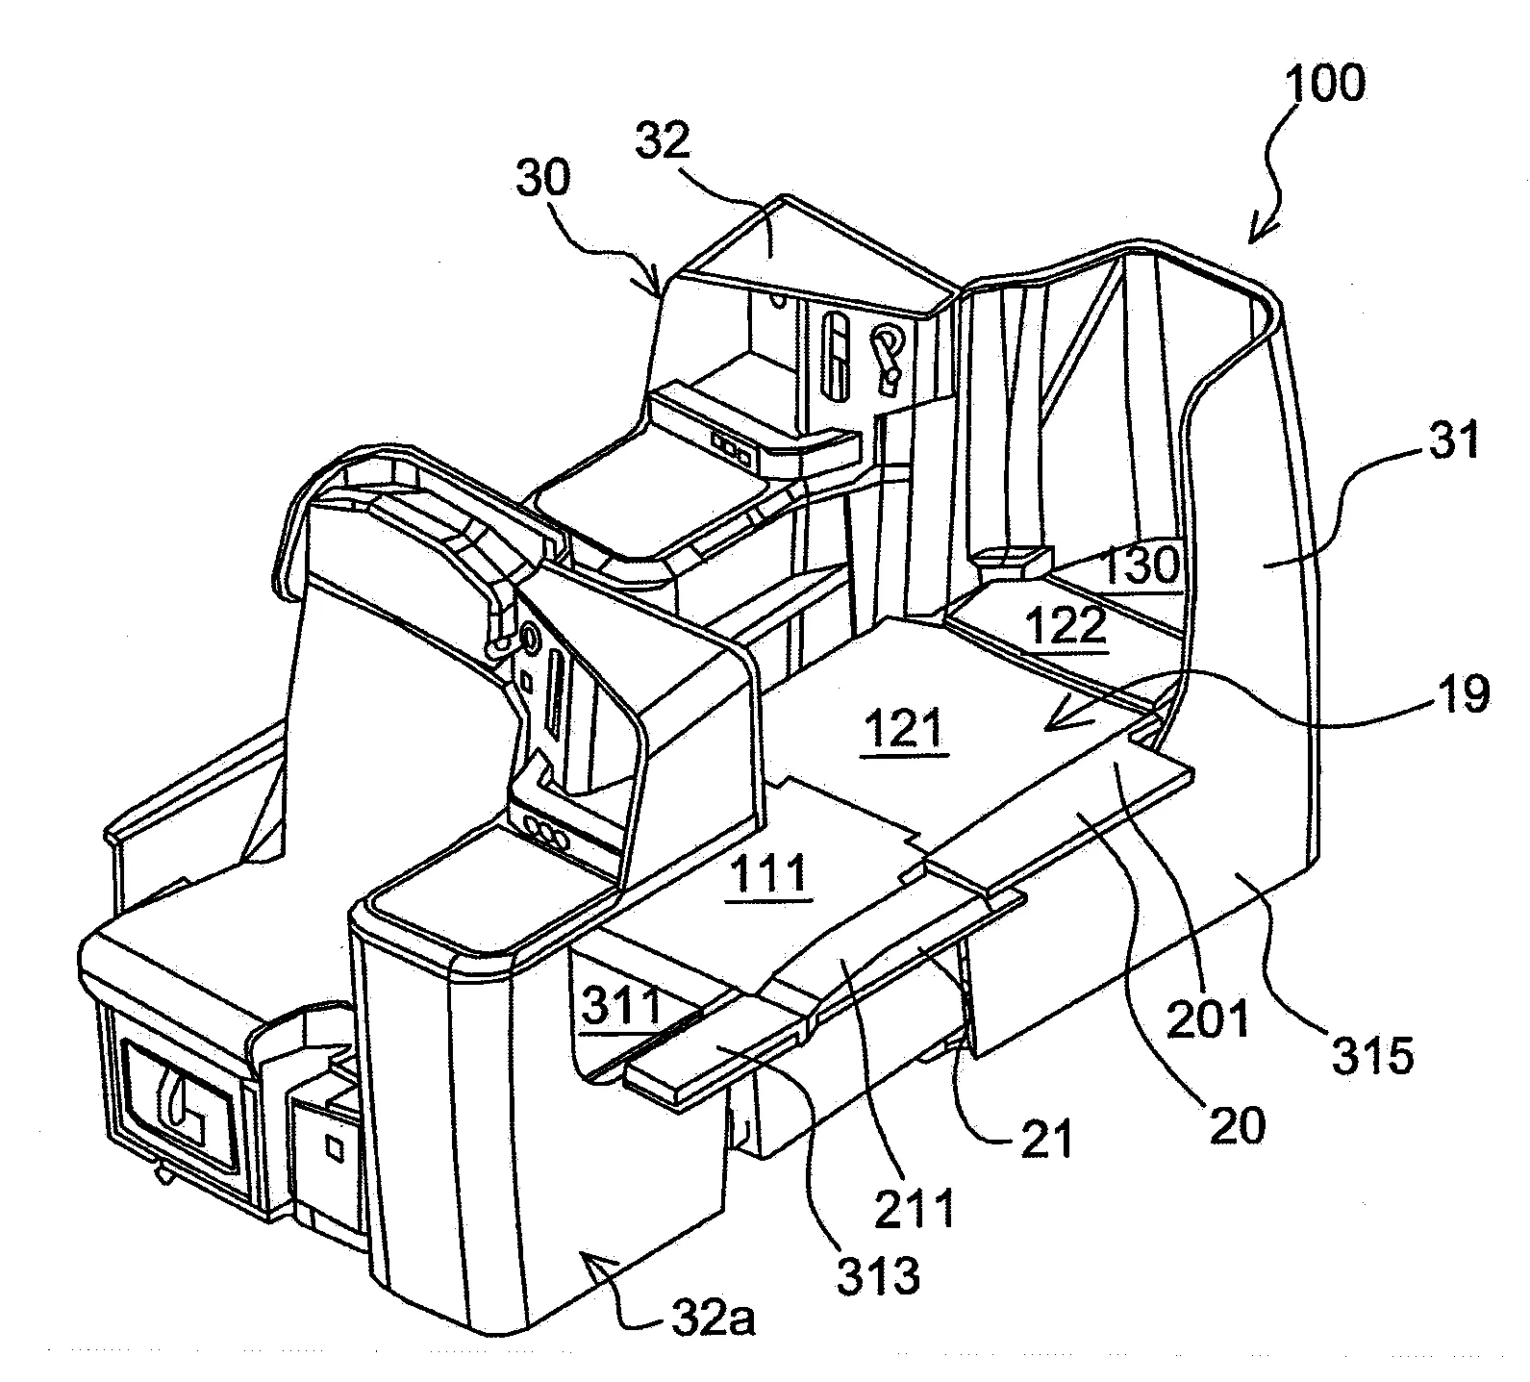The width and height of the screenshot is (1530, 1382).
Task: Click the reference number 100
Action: [1325, 85]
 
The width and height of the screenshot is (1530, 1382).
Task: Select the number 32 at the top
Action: [663, 142]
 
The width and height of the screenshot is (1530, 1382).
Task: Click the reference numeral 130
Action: [1140, 567]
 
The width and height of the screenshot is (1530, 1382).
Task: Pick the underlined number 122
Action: [1066, 628]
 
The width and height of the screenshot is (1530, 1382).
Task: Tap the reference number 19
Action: [1464, 692]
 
